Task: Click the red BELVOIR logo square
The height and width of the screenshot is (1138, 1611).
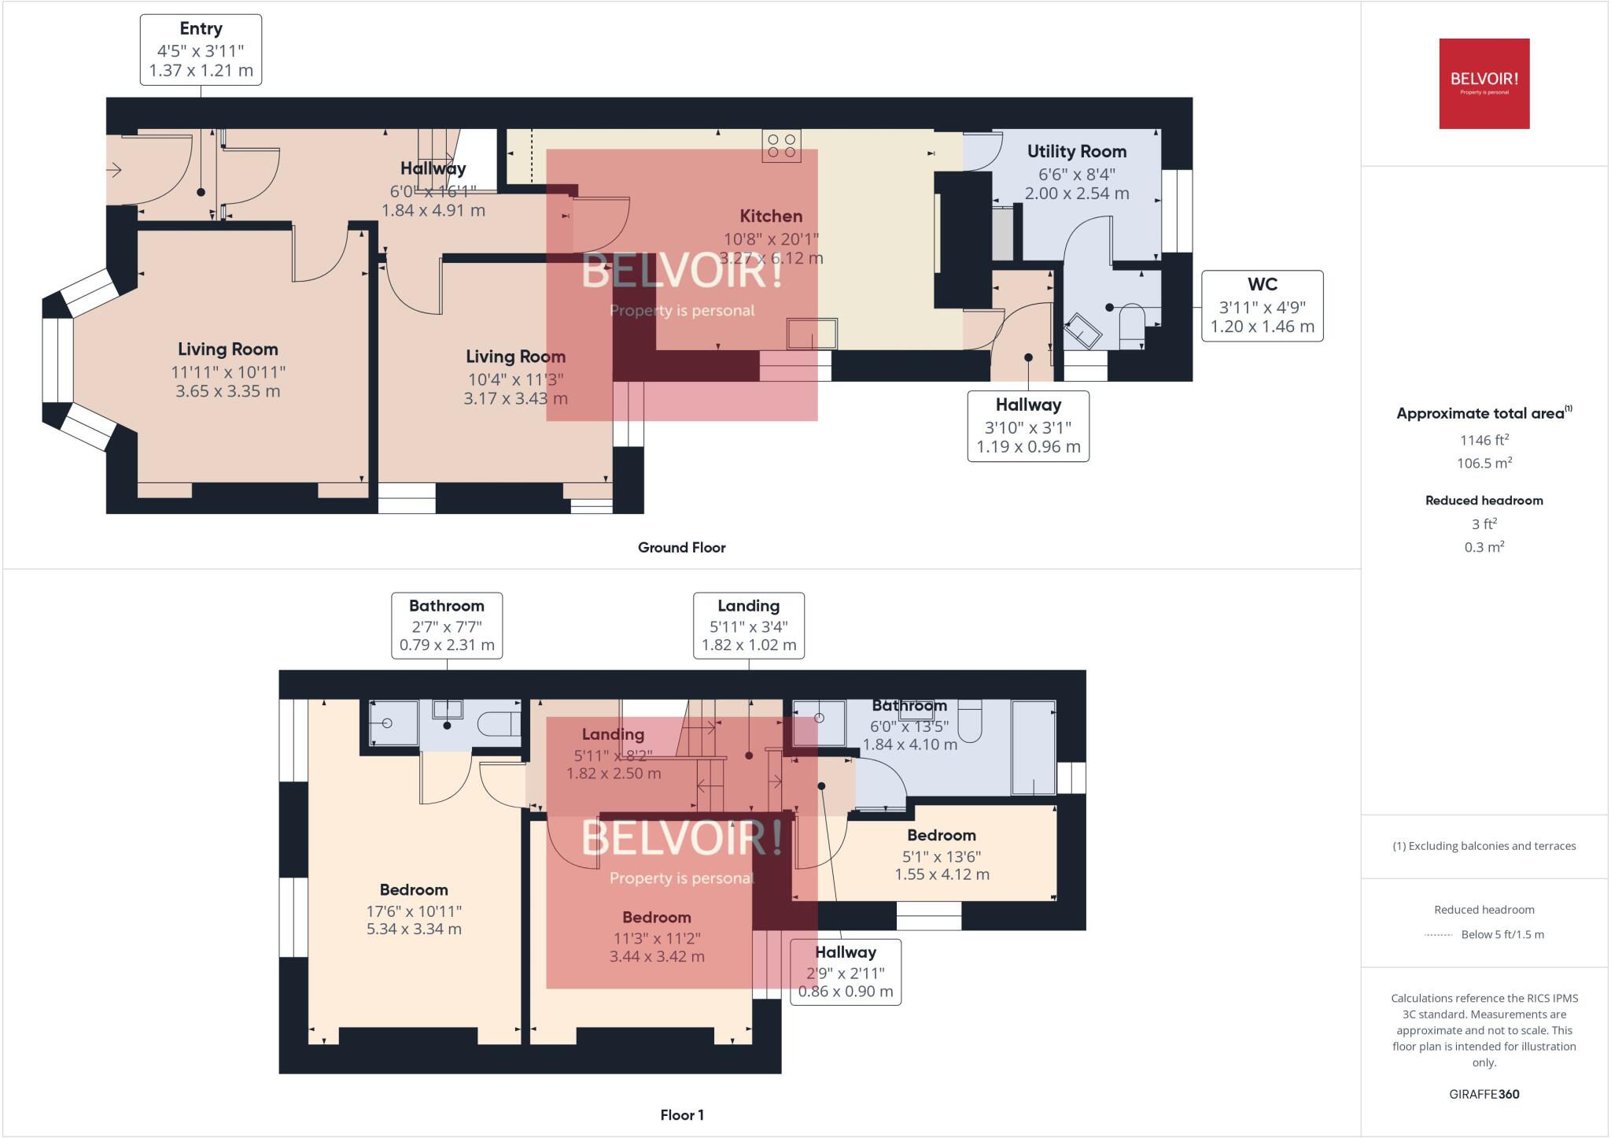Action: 1484,83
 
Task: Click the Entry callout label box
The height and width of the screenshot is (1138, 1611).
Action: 201,50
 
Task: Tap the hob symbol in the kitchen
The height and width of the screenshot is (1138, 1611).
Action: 781,146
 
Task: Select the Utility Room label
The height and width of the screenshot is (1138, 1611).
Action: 1076,152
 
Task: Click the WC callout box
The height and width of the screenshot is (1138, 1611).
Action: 1262,306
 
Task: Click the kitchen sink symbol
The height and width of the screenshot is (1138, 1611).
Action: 812,334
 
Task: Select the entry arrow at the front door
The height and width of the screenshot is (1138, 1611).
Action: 115,169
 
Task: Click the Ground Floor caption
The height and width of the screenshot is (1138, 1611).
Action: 681,548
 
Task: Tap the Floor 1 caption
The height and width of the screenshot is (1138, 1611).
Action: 681,1115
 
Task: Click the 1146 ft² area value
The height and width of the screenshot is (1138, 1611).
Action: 1484,441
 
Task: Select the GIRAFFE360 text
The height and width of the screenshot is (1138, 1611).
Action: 1484,1094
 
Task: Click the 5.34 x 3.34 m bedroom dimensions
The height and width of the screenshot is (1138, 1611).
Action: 414,929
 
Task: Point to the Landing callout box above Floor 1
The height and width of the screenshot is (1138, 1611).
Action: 748,626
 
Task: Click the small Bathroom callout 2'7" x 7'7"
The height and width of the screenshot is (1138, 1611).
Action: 447,626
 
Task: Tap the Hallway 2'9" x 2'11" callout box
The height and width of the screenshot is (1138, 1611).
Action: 845,972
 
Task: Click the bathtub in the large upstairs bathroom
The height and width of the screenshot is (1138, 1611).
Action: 1033,747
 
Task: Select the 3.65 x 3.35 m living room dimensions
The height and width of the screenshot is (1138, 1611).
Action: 227,392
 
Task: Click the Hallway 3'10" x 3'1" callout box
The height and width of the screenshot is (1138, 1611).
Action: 1028,426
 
